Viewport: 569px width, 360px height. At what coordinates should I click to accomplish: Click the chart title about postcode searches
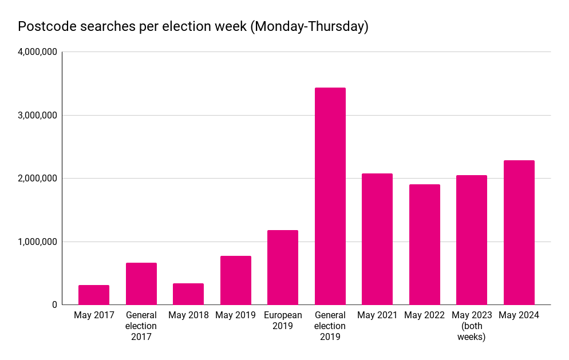(193, 26)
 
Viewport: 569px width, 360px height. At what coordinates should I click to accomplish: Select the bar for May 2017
(94, 295)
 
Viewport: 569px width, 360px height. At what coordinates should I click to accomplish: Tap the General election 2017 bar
(141, 284)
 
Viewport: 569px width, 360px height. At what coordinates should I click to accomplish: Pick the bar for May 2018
(188, 294)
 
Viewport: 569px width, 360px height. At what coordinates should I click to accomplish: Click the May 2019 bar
(236, 280)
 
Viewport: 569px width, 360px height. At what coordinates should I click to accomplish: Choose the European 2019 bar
(283, 267)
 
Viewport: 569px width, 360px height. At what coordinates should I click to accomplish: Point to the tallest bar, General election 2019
(330, 196)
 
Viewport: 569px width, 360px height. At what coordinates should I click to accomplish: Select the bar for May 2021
(377, 239)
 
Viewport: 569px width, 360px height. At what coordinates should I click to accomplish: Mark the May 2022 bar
(425, 244)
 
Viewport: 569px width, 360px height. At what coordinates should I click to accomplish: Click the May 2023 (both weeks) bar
(472, 240)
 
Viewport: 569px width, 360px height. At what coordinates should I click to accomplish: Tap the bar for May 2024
(519, 232)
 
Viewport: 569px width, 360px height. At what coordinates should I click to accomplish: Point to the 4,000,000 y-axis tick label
(37, 52)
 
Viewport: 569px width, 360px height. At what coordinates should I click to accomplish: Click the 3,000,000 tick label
(37, 115)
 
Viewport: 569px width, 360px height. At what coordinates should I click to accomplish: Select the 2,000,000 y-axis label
(37, 179)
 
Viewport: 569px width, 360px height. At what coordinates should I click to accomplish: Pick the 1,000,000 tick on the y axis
(37, 242)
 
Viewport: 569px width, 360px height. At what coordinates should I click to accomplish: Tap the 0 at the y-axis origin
(54, 305)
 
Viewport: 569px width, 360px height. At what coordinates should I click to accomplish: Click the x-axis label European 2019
(283, 321)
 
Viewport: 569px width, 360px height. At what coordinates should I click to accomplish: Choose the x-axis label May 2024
(519, 315)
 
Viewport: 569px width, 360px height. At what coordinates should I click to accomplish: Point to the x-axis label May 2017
(94, 315)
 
